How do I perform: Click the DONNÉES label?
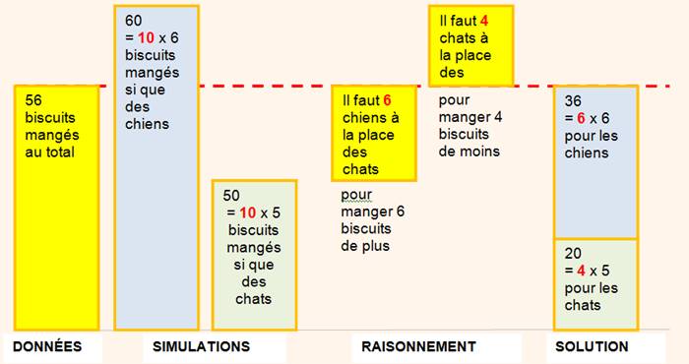[47, 346]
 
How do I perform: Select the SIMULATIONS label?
[201, 346]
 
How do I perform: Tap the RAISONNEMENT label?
[418, 346]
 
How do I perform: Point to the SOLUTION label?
[592, 346]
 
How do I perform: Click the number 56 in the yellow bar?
[33, 100]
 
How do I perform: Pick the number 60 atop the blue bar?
[134, 21]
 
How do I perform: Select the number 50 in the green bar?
[231, 196]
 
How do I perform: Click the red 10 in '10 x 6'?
[146, 37]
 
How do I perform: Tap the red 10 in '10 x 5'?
[248, 212]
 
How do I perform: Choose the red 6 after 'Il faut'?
[387, 100]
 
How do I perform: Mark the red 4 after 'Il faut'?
[484, 21]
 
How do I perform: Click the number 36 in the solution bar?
[573, 101]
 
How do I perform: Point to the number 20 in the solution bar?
[573, 254]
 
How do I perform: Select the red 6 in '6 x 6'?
[581, 118]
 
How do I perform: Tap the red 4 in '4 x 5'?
[581, 271]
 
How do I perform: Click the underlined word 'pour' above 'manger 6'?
[356, 196]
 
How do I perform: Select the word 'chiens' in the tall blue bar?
[148, 124]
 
